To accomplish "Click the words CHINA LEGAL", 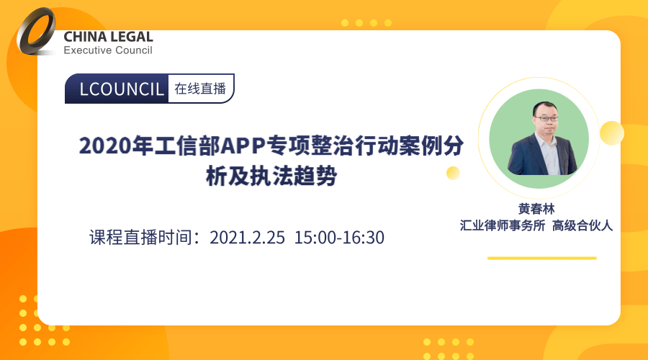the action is pos(108,37).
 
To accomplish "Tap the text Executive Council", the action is pos(108,50).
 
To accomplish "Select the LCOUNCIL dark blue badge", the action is pos(117,89).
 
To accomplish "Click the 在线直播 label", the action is pos(200,89).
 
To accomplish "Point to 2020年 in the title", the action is pos(116,146).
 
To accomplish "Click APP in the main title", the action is pos(243,146).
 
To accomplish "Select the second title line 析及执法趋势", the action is pos(271,176).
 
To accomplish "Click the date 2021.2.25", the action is pos(247,238).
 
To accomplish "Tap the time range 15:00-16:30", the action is pos(339,238).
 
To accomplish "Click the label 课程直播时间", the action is pos(140,238).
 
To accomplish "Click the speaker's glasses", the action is pos(546,119).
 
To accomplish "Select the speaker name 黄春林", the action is pos(536,209).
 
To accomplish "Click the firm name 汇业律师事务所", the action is pos(503,225).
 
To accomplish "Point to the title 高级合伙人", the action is pos(582,225).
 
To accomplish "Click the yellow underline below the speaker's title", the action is pos(541,258).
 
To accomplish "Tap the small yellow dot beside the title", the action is pos(453,173).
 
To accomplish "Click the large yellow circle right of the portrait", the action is pos(612,133).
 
